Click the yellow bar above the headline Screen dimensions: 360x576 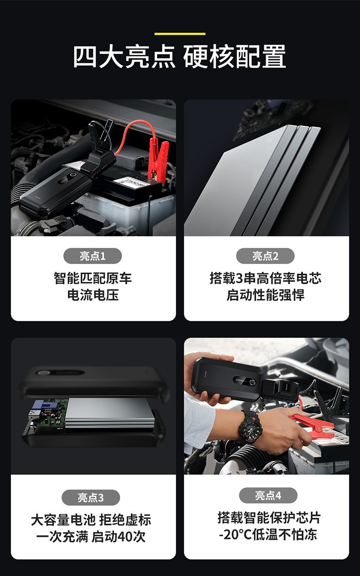(180, 34)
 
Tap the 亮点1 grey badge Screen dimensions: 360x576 (93, 256)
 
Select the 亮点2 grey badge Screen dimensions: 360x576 (265, 256)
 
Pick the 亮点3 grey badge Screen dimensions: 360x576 (91, 498)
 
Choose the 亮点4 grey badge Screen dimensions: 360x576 (268, 495)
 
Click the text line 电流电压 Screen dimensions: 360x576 (93, 295)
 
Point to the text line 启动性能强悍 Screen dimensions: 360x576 (265, 295)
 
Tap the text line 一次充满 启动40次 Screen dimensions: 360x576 (91, 537)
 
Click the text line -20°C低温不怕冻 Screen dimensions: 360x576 (268, 534)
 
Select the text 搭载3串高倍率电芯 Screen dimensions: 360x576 (265, 278)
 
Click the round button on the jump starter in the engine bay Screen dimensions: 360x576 (73, 176)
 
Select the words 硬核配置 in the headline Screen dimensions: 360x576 (234, 56)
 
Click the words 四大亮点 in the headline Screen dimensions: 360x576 (124, 56)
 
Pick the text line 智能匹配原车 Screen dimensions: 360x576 (93, 278)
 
